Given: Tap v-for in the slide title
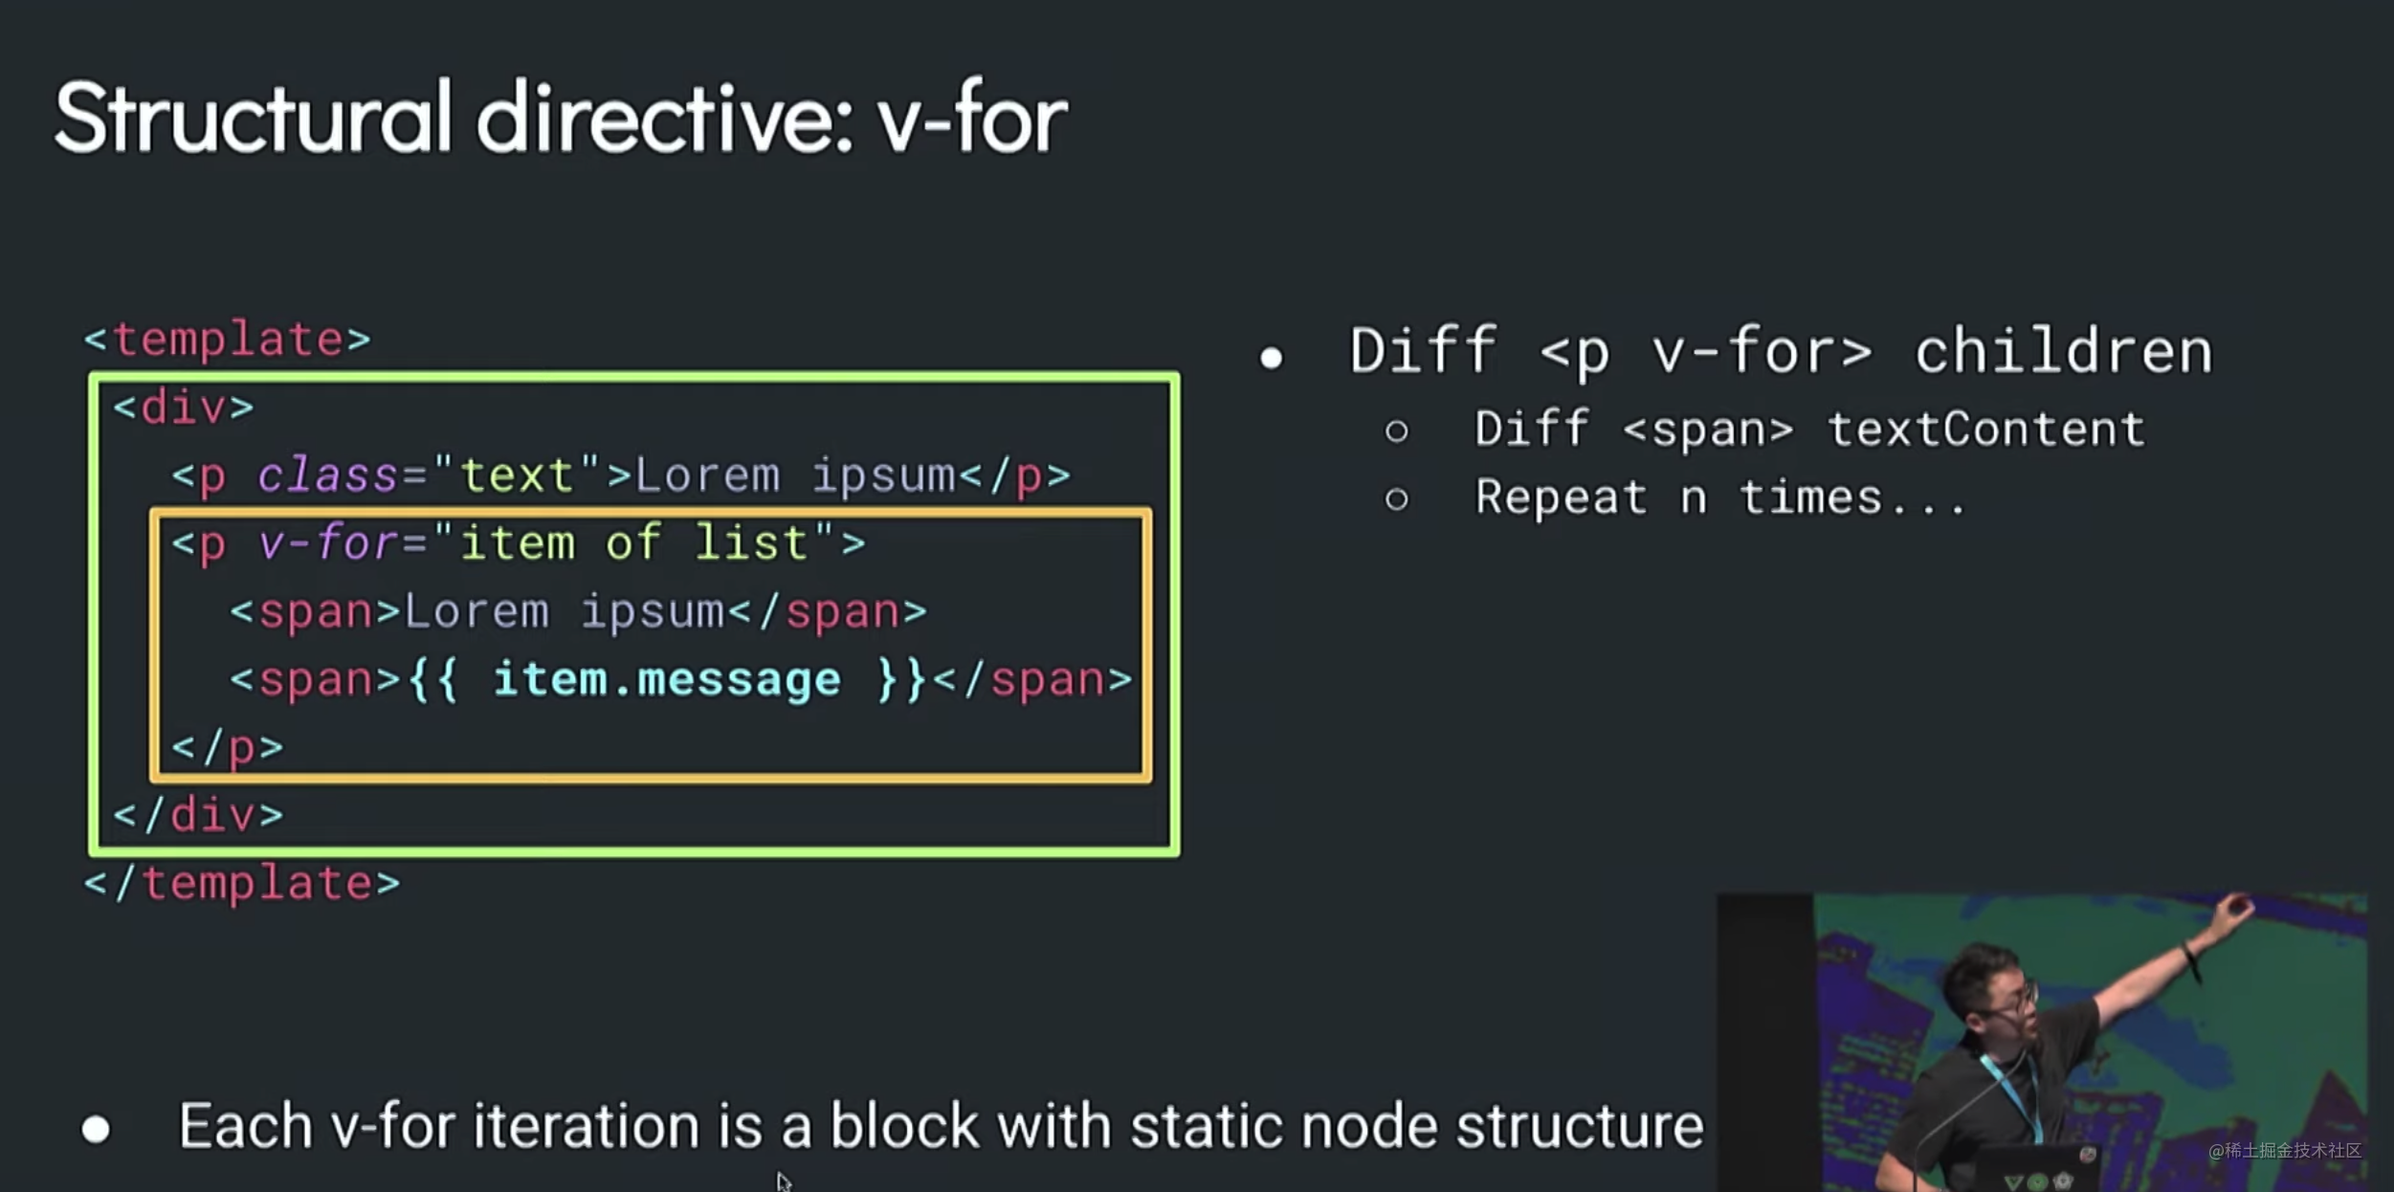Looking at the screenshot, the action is coord(972,119).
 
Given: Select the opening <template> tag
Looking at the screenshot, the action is coord(228,340).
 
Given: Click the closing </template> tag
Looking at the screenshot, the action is coord(242,883).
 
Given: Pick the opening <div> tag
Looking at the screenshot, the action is coord(184,408).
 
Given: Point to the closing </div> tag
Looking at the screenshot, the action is coord(199,815).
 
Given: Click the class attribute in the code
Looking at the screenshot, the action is coord(327,475).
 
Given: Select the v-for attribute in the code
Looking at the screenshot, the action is coord(327,543).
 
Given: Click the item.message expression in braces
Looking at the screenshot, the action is coord(667,680).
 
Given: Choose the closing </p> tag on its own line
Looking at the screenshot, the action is coord(228,747).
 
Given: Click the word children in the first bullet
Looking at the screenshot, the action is coord(2063,351).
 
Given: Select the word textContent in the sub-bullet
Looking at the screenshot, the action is coord(1986,429).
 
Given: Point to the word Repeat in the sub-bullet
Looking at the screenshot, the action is coord(1561,497).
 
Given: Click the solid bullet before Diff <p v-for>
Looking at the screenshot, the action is coord(1271,358).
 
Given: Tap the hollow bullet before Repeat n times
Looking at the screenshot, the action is coord(1396,498).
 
